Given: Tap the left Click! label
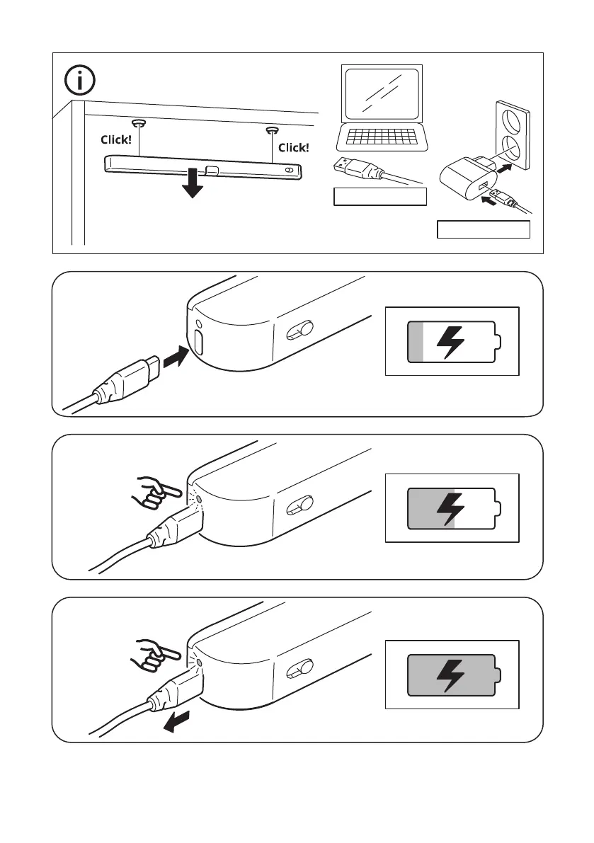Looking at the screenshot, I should [x=115, y=140].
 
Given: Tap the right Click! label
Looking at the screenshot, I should [x=293, y=147].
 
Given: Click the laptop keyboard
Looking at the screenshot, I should [x=382, y=137].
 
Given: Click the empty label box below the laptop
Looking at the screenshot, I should [x=380, y=197].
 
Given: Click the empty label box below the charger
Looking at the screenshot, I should [x=484, y=230].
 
